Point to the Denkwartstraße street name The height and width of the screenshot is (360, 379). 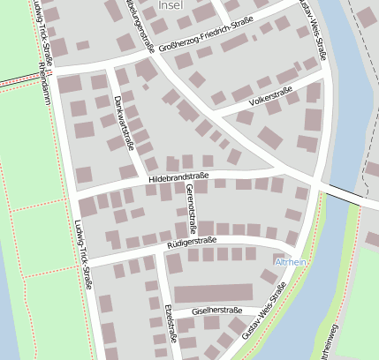[125, 123]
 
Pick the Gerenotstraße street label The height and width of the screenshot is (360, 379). [187, 209]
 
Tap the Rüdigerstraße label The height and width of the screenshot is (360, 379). [192, 241]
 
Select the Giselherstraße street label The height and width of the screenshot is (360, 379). [217, 311]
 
